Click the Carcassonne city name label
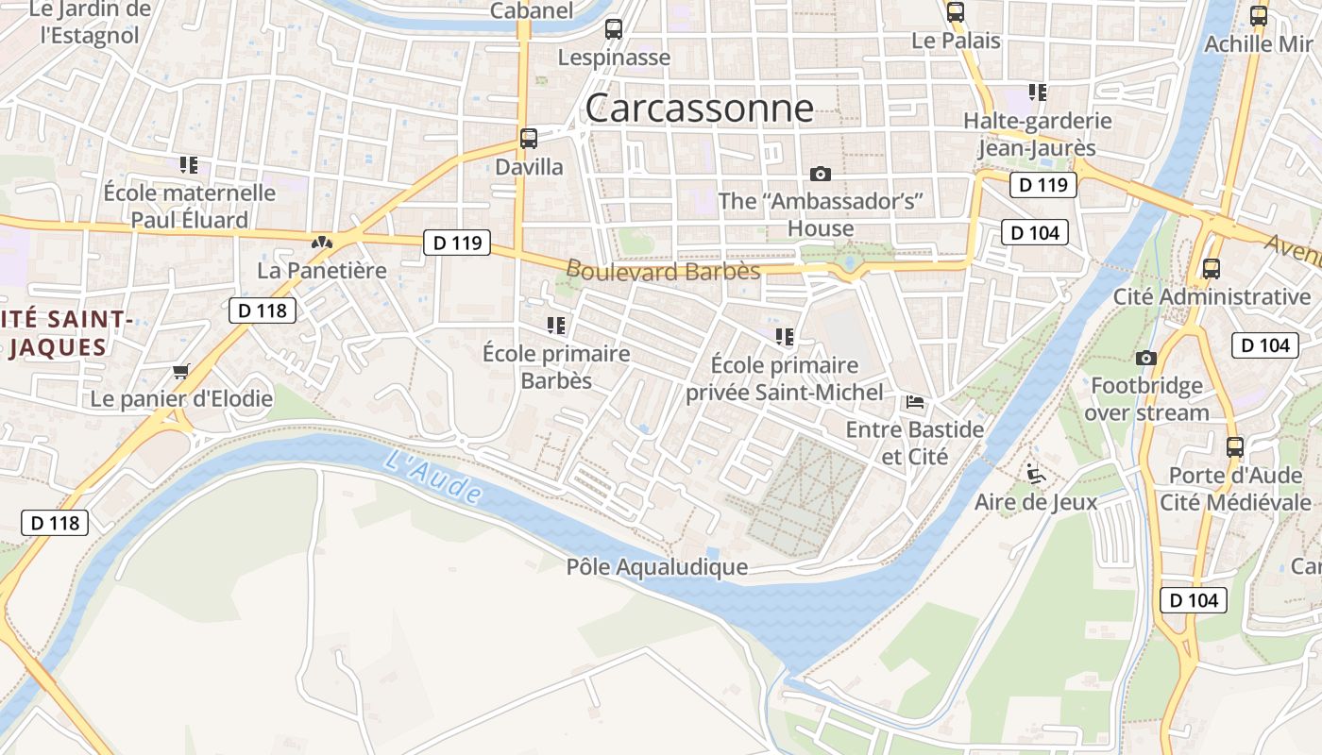click(x=699, y=109)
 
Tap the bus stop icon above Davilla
click(x=529, y=139)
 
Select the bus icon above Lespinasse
click(x=614, y=29)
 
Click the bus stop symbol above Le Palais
click(x=956, y=12)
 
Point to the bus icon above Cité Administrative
click(x=1212, y=269)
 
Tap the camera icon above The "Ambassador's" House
click(x=821, y=174)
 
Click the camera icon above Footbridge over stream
click(x=1146, y=358)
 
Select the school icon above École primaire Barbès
click(x=556, y=326)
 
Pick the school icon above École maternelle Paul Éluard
click(x=189, y=165)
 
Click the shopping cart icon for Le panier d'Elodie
click(x=181, y=371)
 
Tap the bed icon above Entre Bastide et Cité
click(x=915, y=402)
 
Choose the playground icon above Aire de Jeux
click(x=1036, y=473)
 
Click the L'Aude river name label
click(x=433, y=477)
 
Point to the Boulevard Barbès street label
click(x=663, y=272)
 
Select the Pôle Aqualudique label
click(x=657, y=567)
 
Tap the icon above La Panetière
click(x=322, y=243)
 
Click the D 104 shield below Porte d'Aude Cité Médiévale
click(x=1194, y=599)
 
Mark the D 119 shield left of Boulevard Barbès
click(x=457, y=243)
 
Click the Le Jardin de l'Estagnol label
click(x=90, y=23)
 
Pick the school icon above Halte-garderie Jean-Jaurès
click(x=1038, y=92)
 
